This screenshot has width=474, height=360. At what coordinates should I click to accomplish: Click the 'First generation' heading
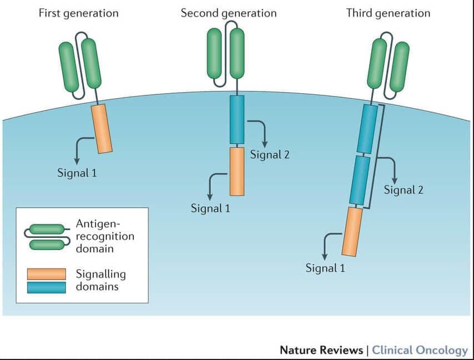coord(78,13)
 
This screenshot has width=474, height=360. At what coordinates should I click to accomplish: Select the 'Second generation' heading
coord(228,13)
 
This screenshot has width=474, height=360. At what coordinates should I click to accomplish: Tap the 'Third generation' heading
coord(388,13)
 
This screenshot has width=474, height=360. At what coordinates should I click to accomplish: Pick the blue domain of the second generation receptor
coord(237,119)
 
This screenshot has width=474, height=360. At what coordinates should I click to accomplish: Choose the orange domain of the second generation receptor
coord(237,171)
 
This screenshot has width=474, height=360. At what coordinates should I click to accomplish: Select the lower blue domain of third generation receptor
coord(359,181)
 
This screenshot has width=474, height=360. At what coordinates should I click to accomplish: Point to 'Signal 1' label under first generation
coord(77,173)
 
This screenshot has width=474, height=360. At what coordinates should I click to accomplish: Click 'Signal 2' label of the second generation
coord(270,155)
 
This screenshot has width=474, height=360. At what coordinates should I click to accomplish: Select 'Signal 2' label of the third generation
coord(404,190)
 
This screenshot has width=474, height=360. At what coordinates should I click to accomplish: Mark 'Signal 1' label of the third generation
coord(325,268)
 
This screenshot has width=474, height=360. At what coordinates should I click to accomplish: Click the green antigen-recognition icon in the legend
coord(47,236)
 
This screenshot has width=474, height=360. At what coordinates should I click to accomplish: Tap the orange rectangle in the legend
coord(46,274)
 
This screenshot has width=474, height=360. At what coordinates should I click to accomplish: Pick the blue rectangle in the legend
coord(46,286)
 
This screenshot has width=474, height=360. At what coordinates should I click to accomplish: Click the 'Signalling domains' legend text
coord(100,280)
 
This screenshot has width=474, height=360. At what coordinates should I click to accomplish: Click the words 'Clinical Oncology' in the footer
coord(420,350)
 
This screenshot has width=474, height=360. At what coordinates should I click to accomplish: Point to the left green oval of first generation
coord(69,67)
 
